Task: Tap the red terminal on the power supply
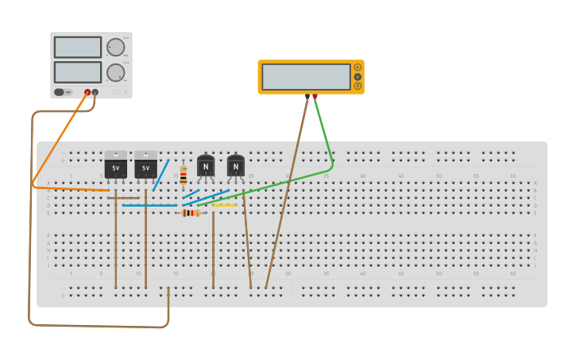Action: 87,92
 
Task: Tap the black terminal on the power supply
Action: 95,92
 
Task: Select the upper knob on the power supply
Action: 116,48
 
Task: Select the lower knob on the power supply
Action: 116,72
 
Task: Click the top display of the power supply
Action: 77,47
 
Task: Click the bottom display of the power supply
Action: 77,72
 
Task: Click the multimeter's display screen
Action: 306,76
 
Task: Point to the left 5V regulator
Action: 116,167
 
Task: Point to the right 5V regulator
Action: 145,167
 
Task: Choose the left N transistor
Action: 206,165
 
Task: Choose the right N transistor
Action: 236,165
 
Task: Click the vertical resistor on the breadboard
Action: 184,175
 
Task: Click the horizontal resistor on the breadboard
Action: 191,212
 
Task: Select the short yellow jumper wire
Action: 225,205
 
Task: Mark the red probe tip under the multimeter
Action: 315,96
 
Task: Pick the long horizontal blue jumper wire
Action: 149,205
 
